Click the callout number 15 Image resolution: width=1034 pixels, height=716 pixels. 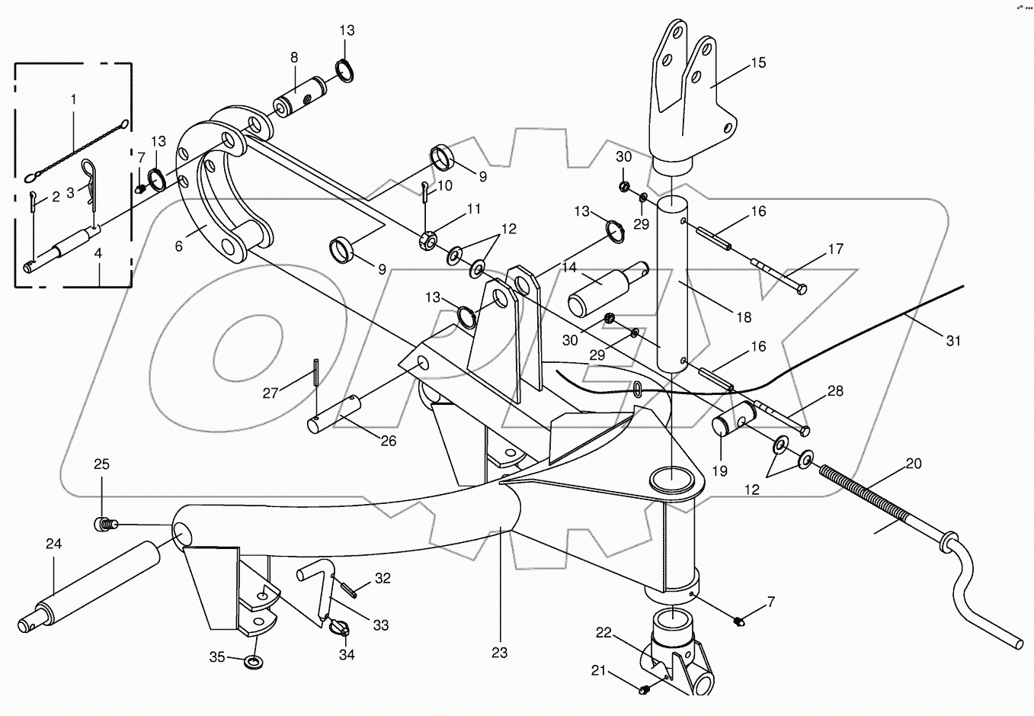coord(758,63)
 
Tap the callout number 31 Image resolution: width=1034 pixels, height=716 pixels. coord(954,341)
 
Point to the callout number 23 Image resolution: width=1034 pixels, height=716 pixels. coord(499,653)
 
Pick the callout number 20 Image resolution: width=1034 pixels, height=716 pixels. coord(914,464)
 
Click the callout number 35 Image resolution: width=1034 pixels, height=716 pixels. coord(217,657)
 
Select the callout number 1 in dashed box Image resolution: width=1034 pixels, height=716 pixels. coord(73,99)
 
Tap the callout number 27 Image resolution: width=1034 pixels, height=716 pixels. coord(271,393)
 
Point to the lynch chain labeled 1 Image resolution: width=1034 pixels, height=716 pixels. coord(76,149)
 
